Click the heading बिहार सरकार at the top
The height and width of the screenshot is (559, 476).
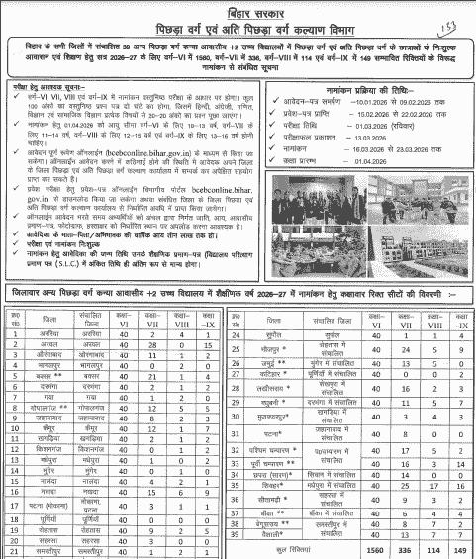pyautogui.click(x=238, y=11)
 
